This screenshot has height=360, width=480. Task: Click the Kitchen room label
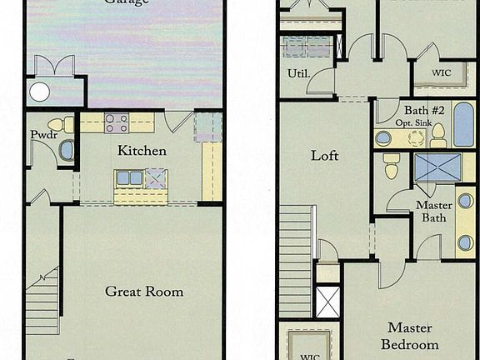(142, 151)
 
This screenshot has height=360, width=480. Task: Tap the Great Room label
(144, 291)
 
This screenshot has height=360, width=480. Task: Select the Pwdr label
(43, 134)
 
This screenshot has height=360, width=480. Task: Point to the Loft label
(325, 156)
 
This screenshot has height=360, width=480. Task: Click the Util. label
(298, 74)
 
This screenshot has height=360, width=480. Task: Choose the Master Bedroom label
(410, 336)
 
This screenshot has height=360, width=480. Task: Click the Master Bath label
(433, 212)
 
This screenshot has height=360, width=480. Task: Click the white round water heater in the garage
(39, 92)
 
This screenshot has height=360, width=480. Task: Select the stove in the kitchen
(117, 123)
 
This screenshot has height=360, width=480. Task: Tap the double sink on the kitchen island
(129, 177)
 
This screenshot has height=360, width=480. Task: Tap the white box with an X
(327, 301)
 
